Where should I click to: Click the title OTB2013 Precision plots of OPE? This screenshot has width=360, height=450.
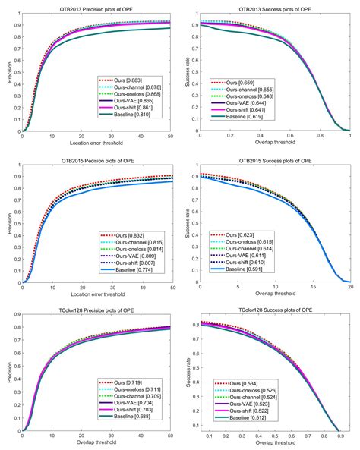(98, 7)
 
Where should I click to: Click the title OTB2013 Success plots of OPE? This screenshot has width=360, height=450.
(276, 7)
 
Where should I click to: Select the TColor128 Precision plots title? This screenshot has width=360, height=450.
(98, 310)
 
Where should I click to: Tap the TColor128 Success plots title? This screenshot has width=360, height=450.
(276, 310)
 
